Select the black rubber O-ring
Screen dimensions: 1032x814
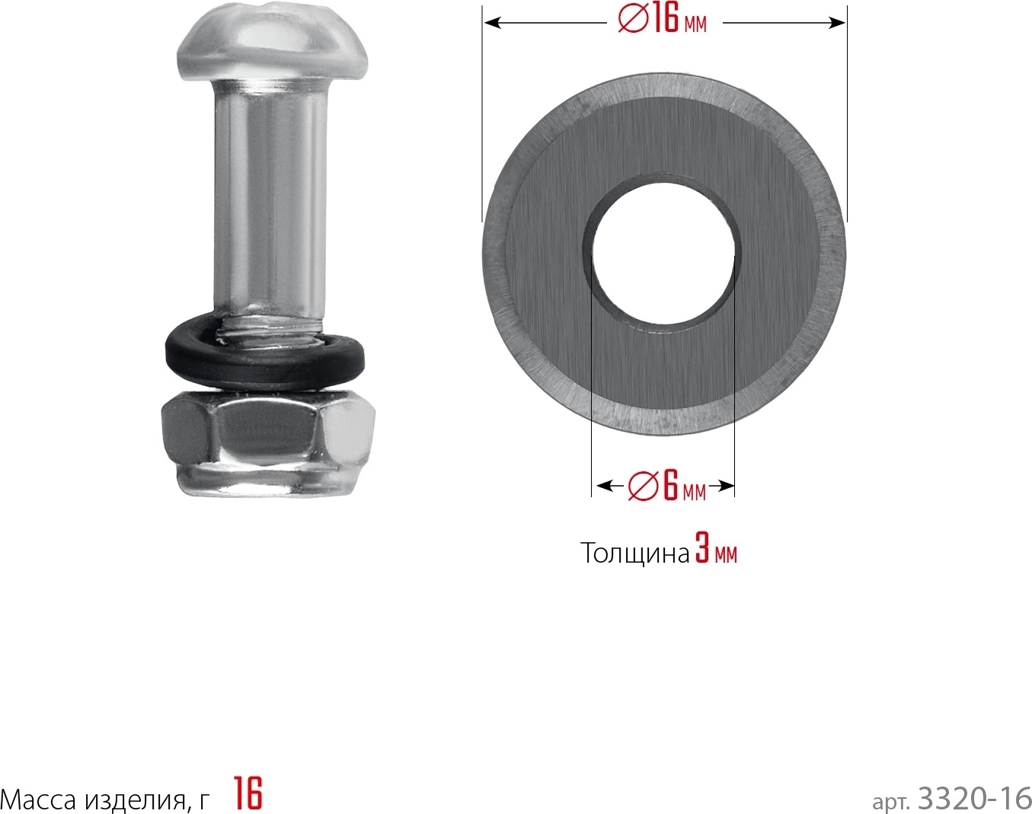click(264, 356)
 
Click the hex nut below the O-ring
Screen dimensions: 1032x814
click(269, 442)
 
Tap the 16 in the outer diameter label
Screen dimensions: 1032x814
click(664, 21)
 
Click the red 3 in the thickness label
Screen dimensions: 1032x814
click(703, 552)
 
